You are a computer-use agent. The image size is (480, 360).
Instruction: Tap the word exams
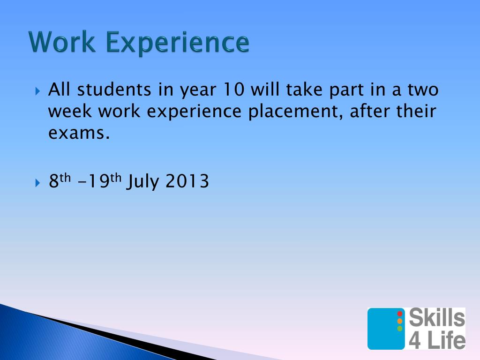point(79,134)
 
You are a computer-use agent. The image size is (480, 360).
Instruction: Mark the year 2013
point(187,181)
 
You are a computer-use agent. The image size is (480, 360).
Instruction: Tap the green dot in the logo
point(400,329)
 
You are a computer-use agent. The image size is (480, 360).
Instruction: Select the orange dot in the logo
point(400,321)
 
